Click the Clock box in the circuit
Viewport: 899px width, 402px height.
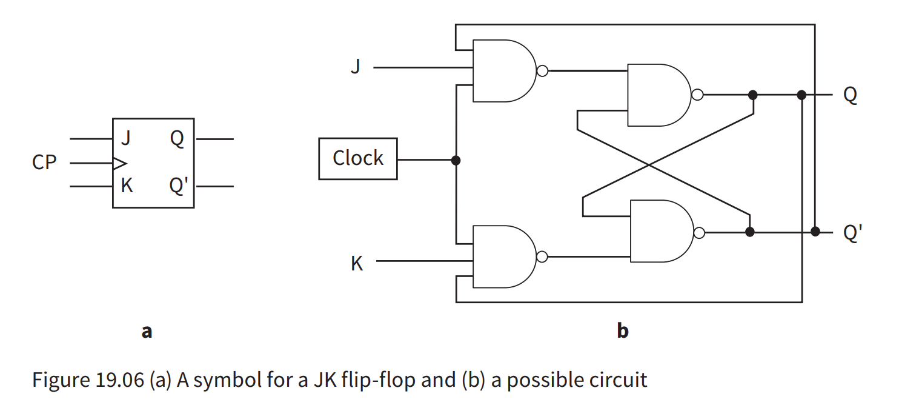358,159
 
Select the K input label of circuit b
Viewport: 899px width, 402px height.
357,264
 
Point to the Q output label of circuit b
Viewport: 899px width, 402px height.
850,95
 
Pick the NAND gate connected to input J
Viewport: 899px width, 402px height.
503,71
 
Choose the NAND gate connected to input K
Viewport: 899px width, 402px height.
503,256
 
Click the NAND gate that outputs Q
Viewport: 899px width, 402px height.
658,95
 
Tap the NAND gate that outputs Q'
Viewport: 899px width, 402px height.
660,232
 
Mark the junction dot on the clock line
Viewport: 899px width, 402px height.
456,160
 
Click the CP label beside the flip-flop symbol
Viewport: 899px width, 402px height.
44,163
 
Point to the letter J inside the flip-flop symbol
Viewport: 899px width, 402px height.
126,139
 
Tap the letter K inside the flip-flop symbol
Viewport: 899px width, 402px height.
127,186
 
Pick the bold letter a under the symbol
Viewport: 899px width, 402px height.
147,331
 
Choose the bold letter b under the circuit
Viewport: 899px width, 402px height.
622,330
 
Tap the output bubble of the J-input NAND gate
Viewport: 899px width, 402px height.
543,71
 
